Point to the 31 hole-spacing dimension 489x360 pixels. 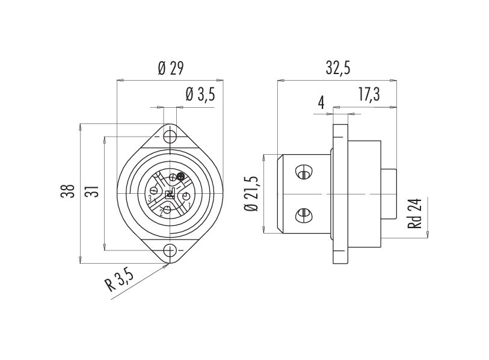(91, 192)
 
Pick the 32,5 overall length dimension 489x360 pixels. (337, 68)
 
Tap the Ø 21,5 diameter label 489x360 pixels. (253, 193)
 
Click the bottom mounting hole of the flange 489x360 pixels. (170, 251)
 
